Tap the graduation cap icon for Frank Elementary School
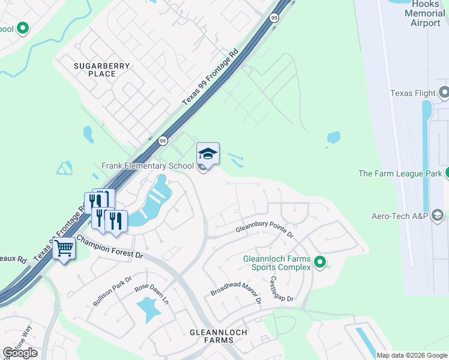(x=208, y=154)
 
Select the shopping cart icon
(x=64, y=248)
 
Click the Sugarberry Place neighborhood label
(x=94, y=69)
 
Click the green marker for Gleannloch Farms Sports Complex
(x=320, y=262)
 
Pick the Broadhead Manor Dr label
(x=235, y=287)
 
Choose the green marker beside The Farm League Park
(x=445, y=173)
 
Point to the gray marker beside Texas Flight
(x=444, y=92)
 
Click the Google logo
(x=20, y=353)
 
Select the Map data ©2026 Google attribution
(x=412, y=355)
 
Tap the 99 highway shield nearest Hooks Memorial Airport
(x=274, y=18)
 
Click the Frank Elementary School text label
(x=148, y=166)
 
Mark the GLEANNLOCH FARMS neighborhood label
(x=211, y=335)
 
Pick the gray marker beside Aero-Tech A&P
(x=438, y=215)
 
